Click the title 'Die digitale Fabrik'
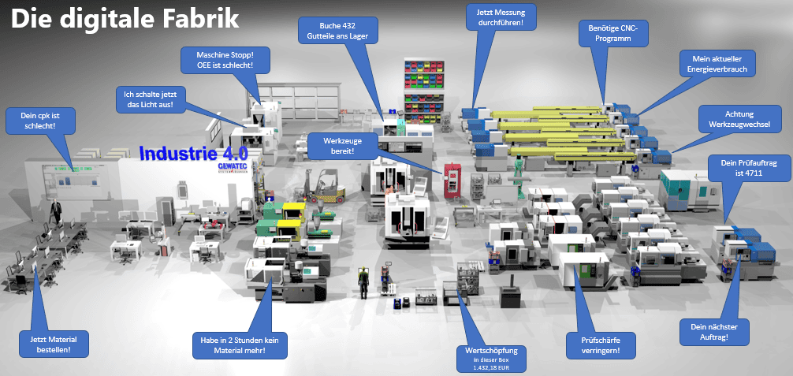click(124, 20)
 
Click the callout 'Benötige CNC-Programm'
click(612, 33)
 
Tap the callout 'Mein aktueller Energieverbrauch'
click(717, 64)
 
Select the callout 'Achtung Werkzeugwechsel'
click(740, 119)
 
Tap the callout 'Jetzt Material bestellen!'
click(53, 343)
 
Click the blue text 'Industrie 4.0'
click(193, 153)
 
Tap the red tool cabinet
click(452, 179)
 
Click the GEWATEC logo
click(233, 167)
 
